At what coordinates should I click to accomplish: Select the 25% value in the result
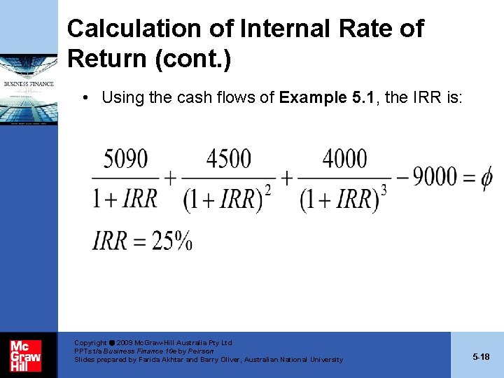click(172, 241)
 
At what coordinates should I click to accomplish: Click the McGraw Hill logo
click(26, 356)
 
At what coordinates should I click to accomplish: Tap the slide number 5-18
click(481, 356)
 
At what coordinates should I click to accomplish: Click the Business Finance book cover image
click(29, 87)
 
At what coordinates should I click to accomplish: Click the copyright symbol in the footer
click(112, 343)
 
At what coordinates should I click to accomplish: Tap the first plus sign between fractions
click(170, 177)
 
